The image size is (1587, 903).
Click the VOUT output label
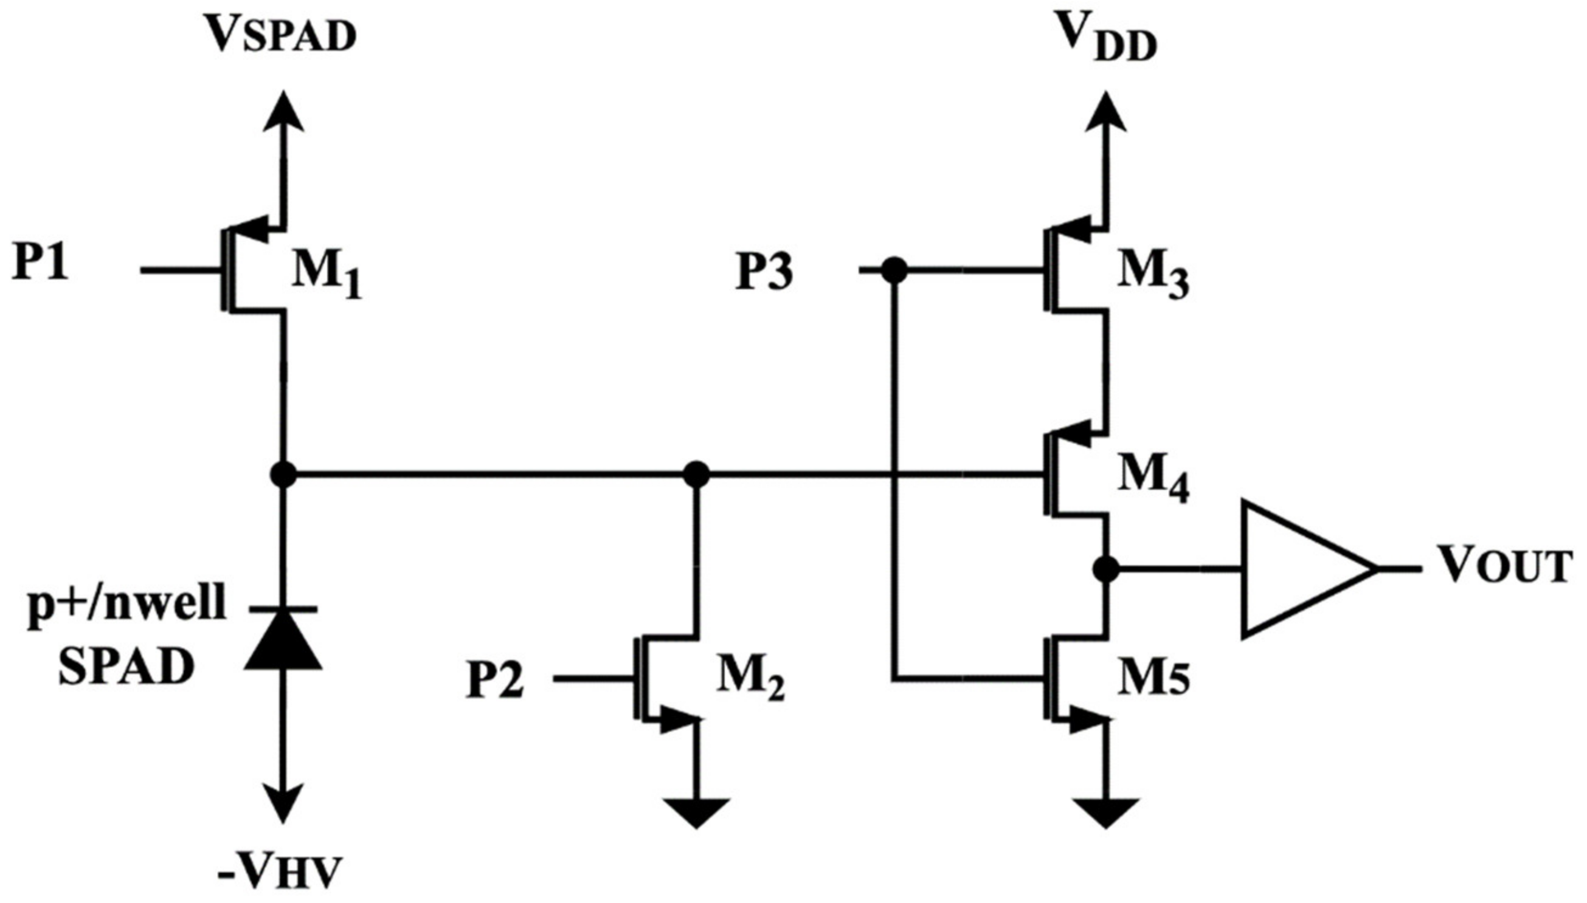pyautogui.click(x=1504, y=566)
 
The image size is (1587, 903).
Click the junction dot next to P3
pyautogui.click(x=894, y=270)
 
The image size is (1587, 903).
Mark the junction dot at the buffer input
pyautogui.click(x=1106, y=568)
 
